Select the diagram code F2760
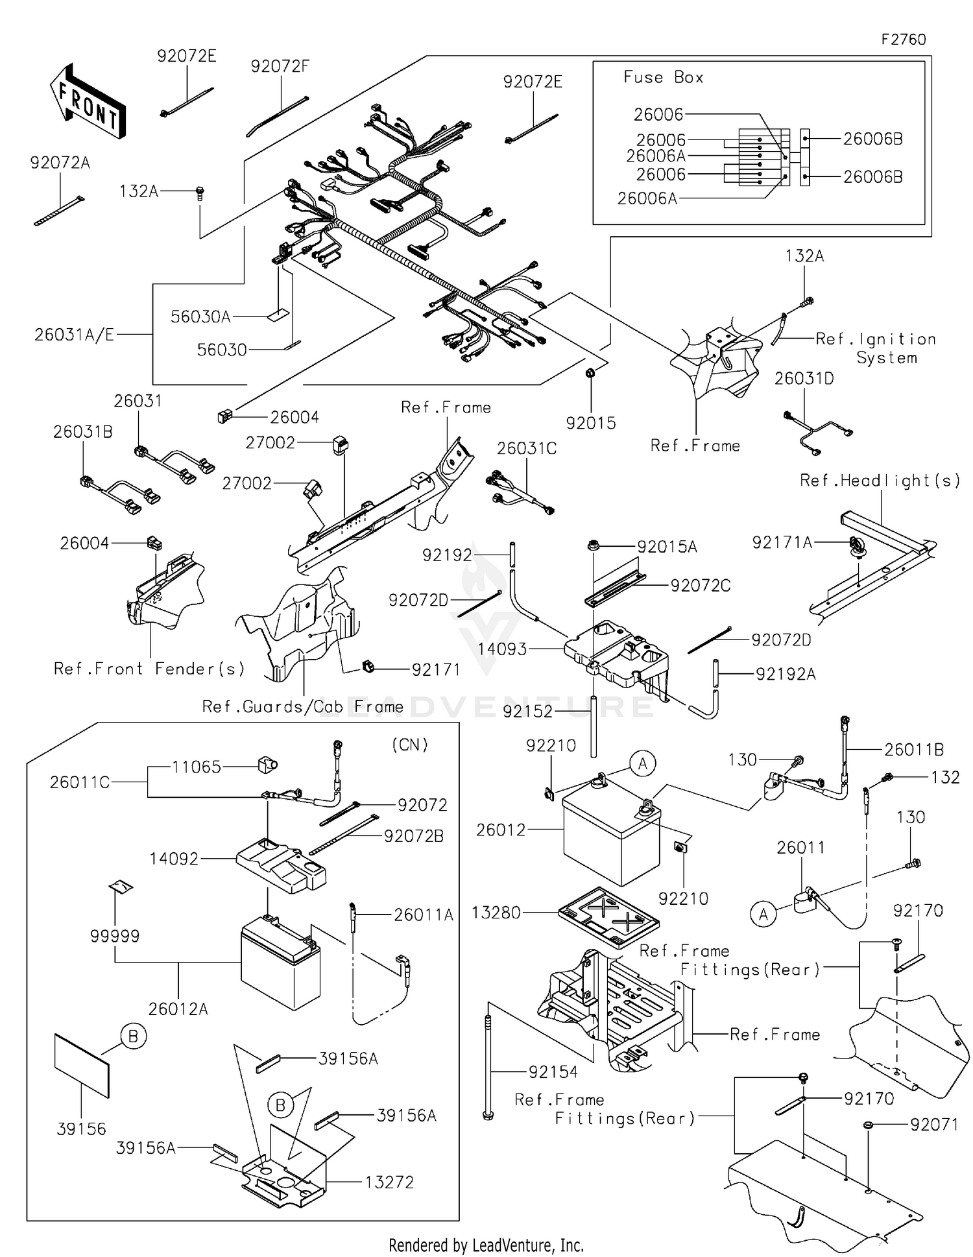tap(903, 40)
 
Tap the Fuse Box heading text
tap(663, 77)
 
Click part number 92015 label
tap(590, 423)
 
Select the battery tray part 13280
tap(608, 916)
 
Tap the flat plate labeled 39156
tap(82, 1065)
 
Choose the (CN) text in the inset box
tap(410, 745)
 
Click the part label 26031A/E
tap(74, 335)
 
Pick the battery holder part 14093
tap(616, 652)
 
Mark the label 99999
tap(115, 935)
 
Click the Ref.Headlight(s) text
tap(880, 481)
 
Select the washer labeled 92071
tap(868, 1125)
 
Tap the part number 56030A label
tap(200, 317)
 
